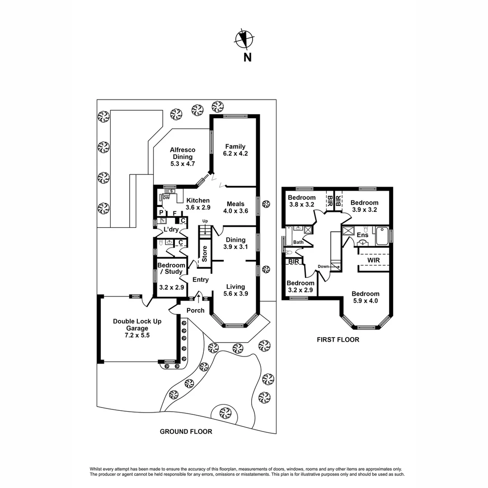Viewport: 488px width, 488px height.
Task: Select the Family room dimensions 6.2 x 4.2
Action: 235,154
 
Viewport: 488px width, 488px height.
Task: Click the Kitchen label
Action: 198,201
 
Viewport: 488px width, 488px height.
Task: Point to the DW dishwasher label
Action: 166,198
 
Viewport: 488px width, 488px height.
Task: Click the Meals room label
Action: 235,204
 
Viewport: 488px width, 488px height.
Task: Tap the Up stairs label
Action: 205,221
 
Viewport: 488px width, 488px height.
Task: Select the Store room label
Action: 204,254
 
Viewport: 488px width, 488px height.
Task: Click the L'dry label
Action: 170,230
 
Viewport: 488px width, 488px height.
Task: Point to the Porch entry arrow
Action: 199,297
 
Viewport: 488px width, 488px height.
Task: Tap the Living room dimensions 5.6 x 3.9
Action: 235,294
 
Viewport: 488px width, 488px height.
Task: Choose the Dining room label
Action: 235,240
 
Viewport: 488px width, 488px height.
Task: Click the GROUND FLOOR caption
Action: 186,432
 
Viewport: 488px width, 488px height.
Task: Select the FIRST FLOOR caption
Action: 338,339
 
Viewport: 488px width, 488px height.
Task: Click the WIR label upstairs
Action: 373,261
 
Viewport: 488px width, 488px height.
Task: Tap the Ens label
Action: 362,235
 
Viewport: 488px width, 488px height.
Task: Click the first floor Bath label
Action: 298,243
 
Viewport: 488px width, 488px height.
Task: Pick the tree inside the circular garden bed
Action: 225,412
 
